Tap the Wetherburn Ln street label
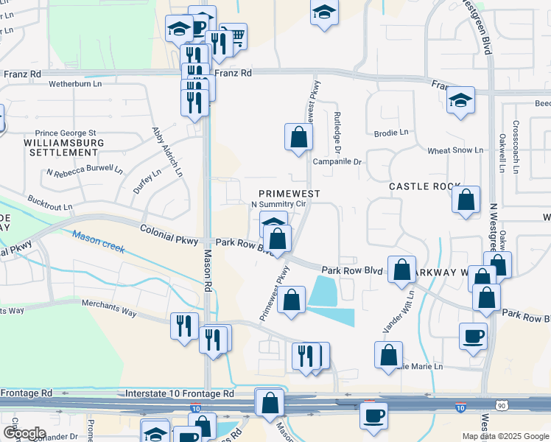pyautogui.click(x=74, y=84)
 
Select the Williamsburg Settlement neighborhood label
pyautogui.click(x=61, y=147)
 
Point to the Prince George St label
pyautogui.click(x=71, y=133)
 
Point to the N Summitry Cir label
pyautogui.click(x=278, y=203)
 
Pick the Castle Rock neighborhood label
pyautogui.click(x=424, y=187)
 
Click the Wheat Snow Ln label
pyautogui.click(x=455, y=150)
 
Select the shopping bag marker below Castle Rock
pyautogui.click(x=466, y=200)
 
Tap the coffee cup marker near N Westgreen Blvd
pyautogui.click(x=473, y=337)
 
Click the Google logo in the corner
pyautogui.click(x=24, y=433)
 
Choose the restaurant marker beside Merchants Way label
pyautogui.click(x=184, y=326)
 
